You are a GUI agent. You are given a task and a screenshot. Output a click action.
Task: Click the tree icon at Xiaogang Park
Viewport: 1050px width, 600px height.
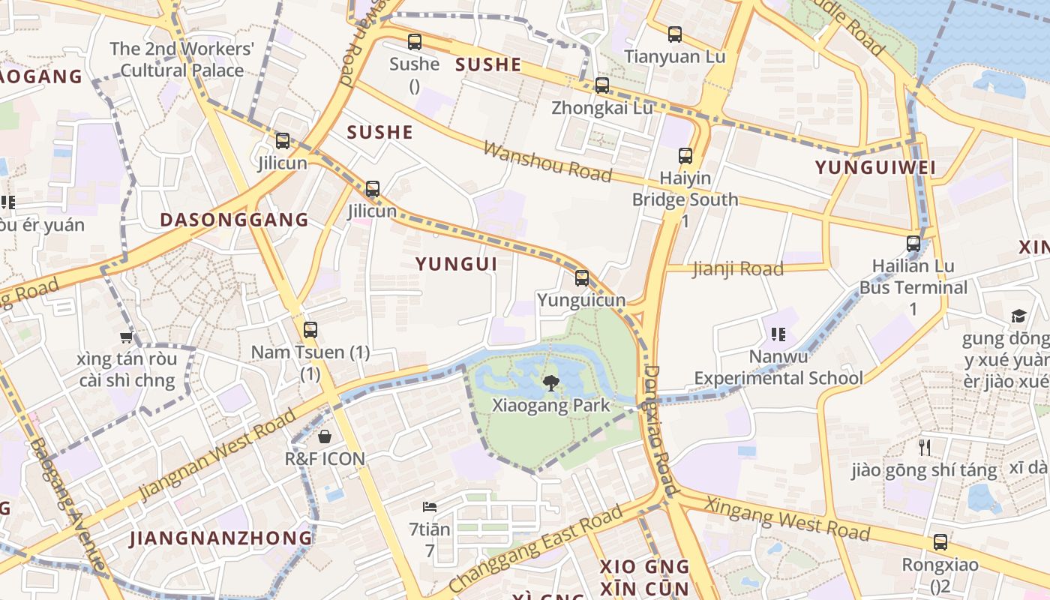pyautogui.click(x=551, y=383)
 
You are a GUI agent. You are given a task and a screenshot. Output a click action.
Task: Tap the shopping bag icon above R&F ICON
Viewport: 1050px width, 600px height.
pyautogui.click(x=325, y=436)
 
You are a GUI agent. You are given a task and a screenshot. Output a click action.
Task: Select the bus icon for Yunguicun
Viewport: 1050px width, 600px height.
pyautogui.click(x=582, y=278)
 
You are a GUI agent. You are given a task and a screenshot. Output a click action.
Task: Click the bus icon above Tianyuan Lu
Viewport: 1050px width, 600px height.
pyautogui.click(x=675, y=34)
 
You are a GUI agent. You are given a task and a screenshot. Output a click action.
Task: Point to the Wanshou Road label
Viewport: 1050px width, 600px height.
pyautogui.click(x=547, y=160)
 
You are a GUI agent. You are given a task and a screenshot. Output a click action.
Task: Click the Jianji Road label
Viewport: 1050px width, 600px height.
pyautogui.click(x=738, y=268)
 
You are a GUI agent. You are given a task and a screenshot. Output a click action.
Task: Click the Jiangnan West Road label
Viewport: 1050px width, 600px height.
pyautogui.click(x=217, y=455)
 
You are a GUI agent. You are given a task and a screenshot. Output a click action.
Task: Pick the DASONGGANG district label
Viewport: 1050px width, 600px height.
pyautogui.click(x=234, y=220)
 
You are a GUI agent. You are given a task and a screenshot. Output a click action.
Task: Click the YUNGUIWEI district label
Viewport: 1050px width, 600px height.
pyautogui.click(x=875, y=167)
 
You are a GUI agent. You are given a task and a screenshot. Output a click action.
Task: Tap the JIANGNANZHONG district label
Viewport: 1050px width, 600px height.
pyautogui.click(x=221, y=538)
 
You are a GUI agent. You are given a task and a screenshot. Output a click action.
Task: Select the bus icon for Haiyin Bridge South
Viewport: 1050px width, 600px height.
pyautogui.click(x=685, y=156)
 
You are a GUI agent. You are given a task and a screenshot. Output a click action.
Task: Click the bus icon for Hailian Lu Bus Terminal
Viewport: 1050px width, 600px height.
pyautogui.click(x=913, y=243)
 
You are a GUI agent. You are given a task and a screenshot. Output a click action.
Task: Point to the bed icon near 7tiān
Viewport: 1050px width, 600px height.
pyautogui.click(x=430, y=507)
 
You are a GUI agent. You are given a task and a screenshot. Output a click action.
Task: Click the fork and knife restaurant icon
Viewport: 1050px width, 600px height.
pyautogui.click(x=925, y=448)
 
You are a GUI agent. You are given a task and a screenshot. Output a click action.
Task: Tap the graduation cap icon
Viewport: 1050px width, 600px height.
pyautogui.click(x=1018, y=316)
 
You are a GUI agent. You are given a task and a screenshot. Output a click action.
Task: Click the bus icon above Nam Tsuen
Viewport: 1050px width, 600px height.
pyautogui.click(x=310, y=329)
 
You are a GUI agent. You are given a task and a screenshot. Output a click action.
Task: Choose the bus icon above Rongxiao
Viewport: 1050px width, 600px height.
pyautogui.click(x=940, y=542)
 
